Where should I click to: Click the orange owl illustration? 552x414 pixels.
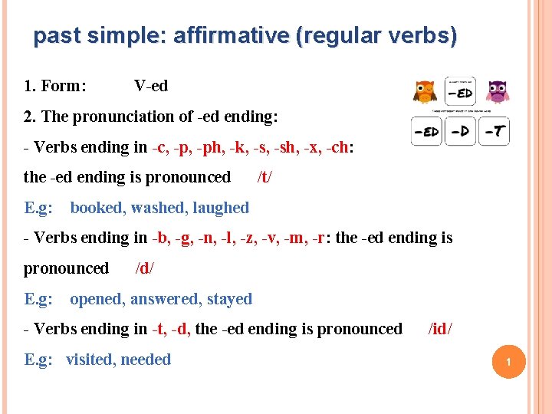(424, 91)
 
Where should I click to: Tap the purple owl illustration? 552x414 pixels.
(498, 91)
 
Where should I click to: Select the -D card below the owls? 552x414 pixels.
(460, 131)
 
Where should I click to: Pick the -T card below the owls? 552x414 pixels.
(495, 131)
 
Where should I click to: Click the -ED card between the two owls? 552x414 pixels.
(460, 92)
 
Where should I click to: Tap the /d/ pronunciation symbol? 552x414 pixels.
(145, 268)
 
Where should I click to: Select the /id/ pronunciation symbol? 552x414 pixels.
(440, 329)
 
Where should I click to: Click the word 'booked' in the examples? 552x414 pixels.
(98, 208)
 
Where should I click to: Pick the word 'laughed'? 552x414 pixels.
(221, 208)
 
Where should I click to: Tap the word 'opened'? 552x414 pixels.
(97, 299)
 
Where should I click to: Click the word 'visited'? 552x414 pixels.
(89, 360)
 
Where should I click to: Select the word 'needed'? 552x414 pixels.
(145, 360)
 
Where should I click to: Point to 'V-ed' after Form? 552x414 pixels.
(151, 86)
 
